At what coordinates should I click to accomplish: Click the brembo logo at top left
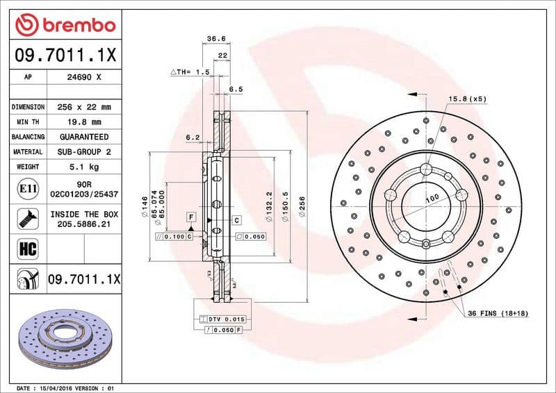point(65,26)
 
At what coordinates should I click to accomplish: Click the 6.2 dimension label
point(193,137)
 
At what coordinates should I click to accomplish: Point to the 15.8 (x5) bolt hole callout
point(467,99)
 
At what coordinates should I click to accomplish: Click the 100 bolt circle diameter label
point(432,199)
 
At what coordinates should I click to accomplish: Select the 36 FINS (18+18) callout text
point(496,314)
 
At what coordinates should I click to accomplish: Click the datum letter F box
point(190,218)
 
